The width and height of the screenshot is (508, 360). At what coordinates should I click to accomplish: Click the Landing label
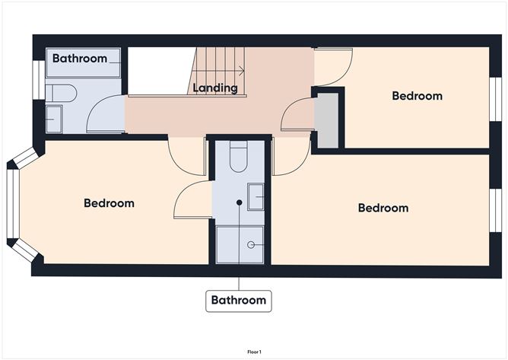[215, 88]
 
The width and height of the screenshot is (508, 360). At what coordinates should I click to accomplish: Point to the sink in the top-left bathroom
[53, 119]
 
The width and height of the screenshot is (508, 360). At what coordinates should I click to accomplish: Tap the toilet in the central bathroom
[238, 158]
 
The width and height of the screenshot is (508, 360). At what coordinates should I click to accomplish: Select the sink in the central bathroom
[256, 197]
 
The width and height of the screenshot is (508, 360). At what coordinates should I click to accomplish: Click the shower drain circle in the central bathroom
[253, 245]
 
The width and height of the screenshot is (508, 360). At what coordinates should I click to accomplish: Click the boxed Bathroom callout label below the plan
[239, 301]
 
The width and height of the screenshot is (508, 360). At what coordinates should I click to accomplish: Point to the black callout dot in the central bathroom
[239, 203]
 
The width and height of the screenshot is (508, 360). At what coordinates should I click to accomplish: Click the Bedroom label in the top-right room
[417, 96]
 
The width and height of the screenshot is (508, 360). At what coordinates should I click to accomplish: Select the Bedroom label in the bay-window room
[109, 203]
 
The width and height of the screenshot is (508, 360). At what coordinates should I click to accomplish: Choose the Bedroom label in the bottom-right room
[383, 208]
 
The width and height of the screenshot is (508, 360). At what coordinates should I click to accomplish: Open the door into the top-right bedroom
[332, 68]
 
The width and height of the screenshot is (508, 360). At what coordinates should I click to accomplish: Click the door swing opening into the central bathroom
[191, 199]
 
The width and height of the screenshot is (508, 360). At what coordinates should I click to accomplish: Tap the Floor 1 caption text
[254, 352]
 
